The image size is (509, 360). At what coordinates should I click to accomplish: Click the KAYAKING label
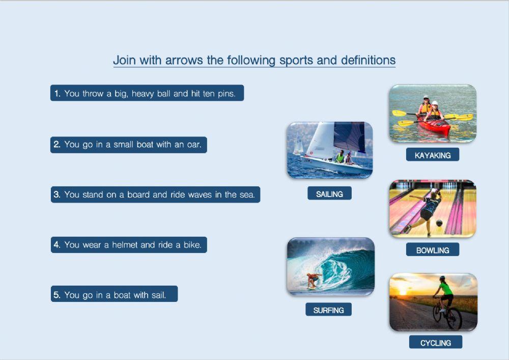[433, 155]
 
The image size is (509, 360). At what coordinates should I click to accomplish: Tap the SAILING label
[329, 194]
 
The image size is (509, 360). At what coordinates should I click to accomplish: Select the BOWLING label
[433, 250]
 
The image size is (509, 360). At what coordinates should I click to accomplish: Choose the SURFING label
[328, 310]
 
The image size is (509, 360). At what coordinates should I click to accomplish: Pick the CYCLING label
[436, 343]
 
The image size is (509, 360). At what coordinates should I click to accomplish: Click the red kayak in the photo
[435, 126]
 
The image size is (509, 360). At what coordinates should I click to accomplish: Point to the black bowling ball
[439, 223]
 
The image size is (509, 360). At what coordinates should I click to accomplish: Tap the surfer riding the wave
[314, 279]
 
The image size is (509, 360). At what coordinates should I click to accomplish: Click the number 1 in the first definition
[57, 93]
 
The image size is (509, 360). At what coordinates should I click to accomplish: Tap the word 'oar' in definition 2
[194, 144]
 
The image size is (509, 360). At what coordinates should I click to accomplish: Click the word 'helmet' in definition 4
[125, 244]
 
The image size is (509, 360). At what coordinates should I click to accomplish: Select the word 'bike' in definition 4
[192, 244]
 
